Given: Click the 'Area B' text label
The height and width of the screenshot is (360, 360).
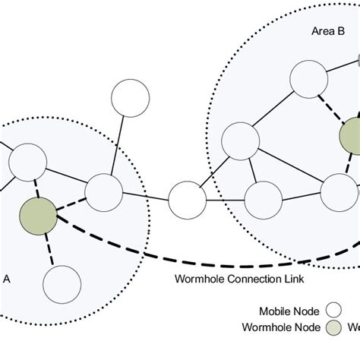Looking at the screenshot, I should (x=328, y=32).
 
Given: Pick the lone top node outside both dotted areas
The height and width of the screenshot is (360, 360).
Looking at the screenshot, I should (x=131, y=97).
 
